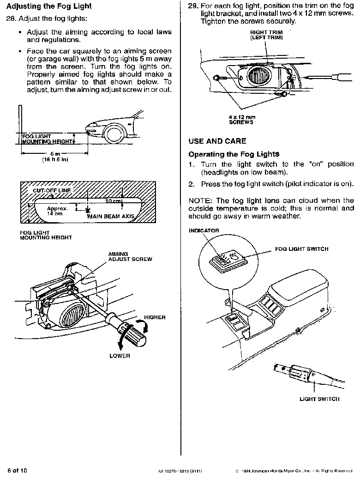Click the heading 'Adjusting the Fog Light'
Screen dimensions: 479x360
tap(49, 6)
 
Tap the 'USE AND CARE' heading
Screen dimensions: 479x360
tap(217, 141)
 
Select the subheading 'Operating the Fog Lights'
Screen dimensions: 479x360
tap(234, 154)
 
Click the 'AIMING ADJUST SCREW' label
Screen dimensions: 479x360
tap(130, 256)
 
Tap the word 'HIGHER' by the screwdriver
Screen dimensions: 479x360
tap(155, 317)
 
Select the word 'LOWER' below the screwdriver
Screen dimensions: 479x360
tap(120, 356)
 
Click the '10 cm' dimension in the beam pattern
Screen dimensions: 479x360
tap(113, 201)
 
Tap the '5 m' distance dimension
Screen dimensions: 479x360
tap(55, 153)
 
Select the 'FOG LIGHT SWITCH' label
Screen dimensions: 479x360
tap(302, 249)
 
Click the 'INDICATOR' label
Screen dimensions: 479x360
tap(204, 230)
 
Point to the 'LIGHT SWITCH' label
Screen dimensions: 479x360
tap(319, 399)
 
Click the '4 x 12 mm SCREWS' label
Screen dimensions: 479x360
tap(242, 120)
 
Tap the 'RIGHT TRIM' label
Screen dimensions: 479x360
tap(266, 32)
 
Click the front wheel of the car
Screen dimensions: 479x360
tap(114, 134)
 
